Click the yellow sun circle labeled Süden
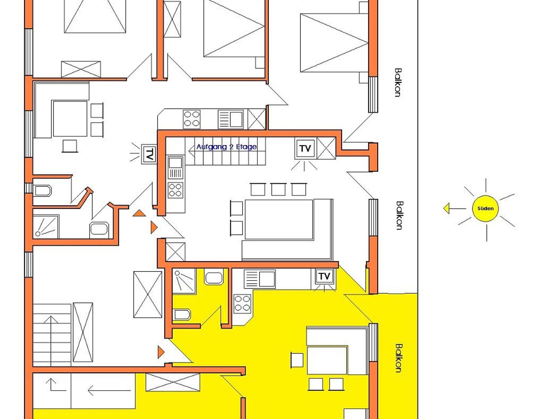[485, 208]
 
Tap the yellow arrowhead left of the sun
[446, 209]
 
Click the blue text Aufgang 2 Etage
[227, 147]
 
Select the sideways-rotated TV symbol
[149, 154]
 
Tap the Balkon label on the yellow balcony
[399, 358]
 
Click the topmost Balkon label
[398, 82]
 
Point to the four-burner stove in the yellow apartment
[242, 303]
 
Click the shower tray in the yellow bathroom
[184, 281]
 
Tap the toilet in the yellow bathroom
[182, 315]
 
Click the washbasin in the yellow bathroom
[214, 277]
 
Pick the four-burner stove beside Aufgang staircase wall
[175, 190]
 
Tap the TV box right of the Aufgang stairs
[305, 148]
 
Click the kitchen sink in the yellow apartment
[260, 279]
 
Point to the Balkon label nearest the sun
[399, 215]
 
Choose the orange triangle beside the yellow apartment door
[161, 352]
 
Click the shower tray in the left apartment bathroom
[46, 227]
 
